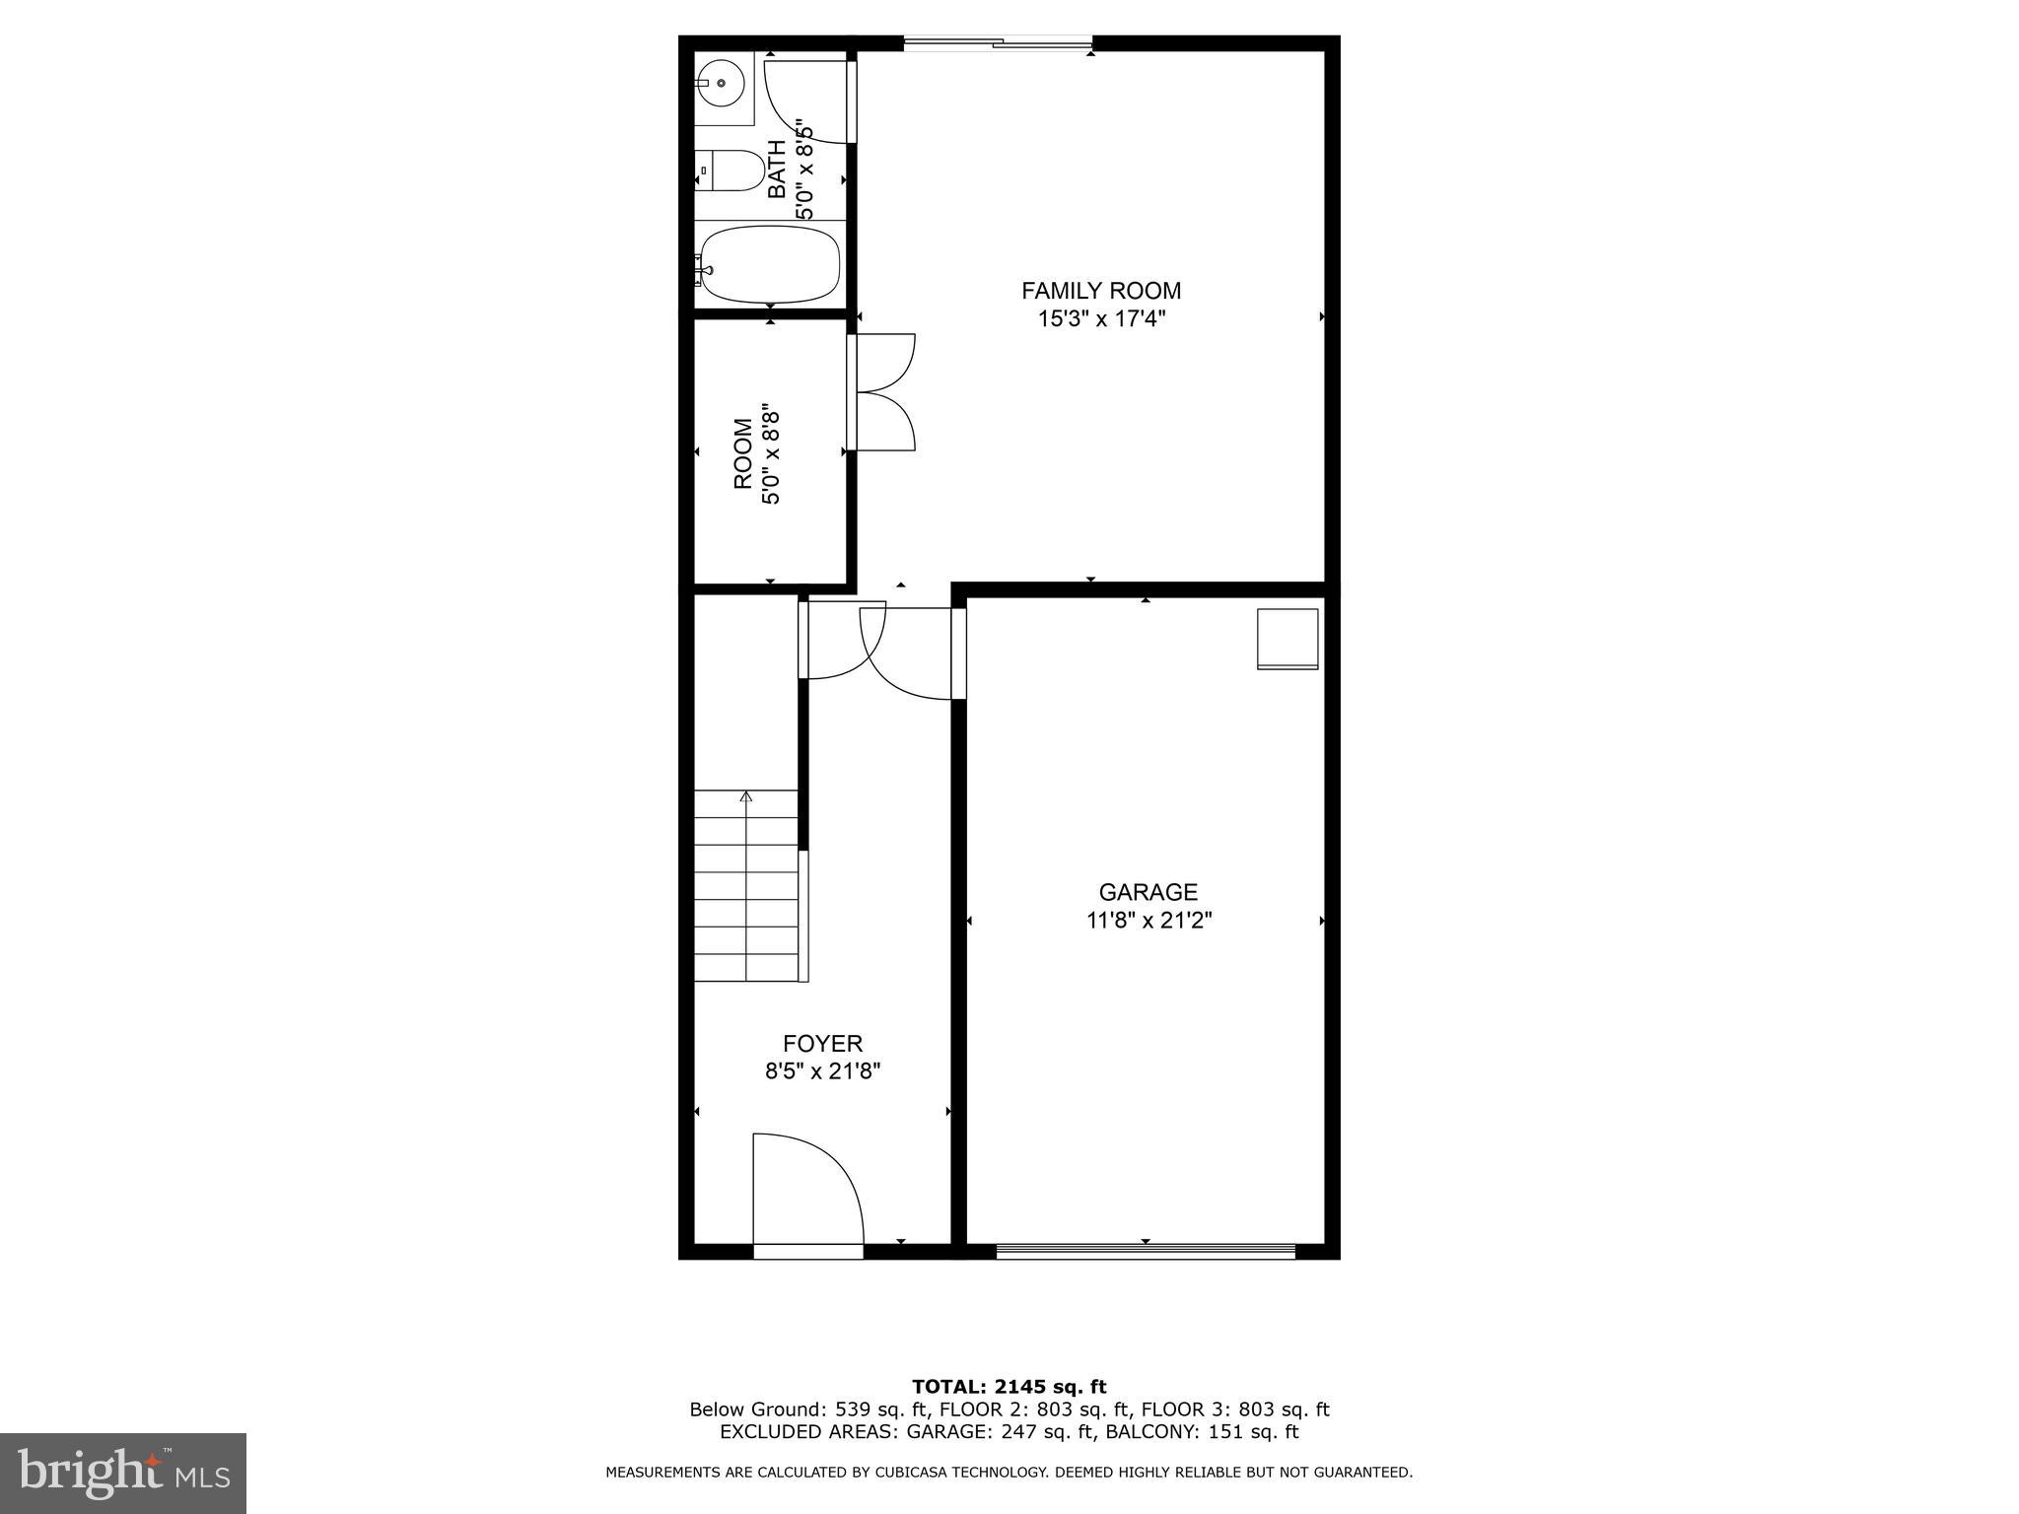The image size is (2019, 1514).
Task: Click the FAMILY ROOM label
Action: click(1100, 291)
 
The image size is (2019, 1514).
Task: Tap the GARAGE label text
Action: click(1148, 892)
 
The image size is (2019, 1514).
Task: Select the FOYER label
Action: click(822, 1044)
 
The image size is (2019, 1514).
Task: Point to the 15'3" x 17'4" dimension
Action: click(1100, 319)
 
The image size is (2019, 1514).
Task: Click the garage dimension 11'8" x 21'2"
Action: click(1148, 921)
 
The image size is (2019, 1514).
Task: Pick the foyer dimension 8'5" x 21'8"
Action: click(822, 1071)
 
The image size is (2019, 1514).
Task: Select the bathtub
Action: click(770, 264)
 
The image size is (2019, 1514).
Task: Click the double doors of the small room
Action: click(883, 392)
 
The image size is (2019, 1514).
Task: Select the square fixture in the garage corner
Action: click(1288, 639)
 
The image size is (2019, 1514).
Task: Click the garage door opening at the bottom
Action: click(1146, 1251)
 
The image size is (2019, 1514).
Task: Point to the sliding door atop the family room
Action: click(998, 42)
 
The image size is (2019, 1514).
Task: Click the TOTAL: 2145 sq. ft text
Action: click(1009, 1387)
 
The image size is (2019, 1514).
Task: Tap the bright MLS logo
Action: click(123, 1474)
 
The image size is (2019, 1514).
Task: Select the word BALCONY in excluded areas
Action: click(1145, 1432)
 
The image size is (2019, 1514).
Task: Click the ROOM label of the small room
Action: click(743, 454)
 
